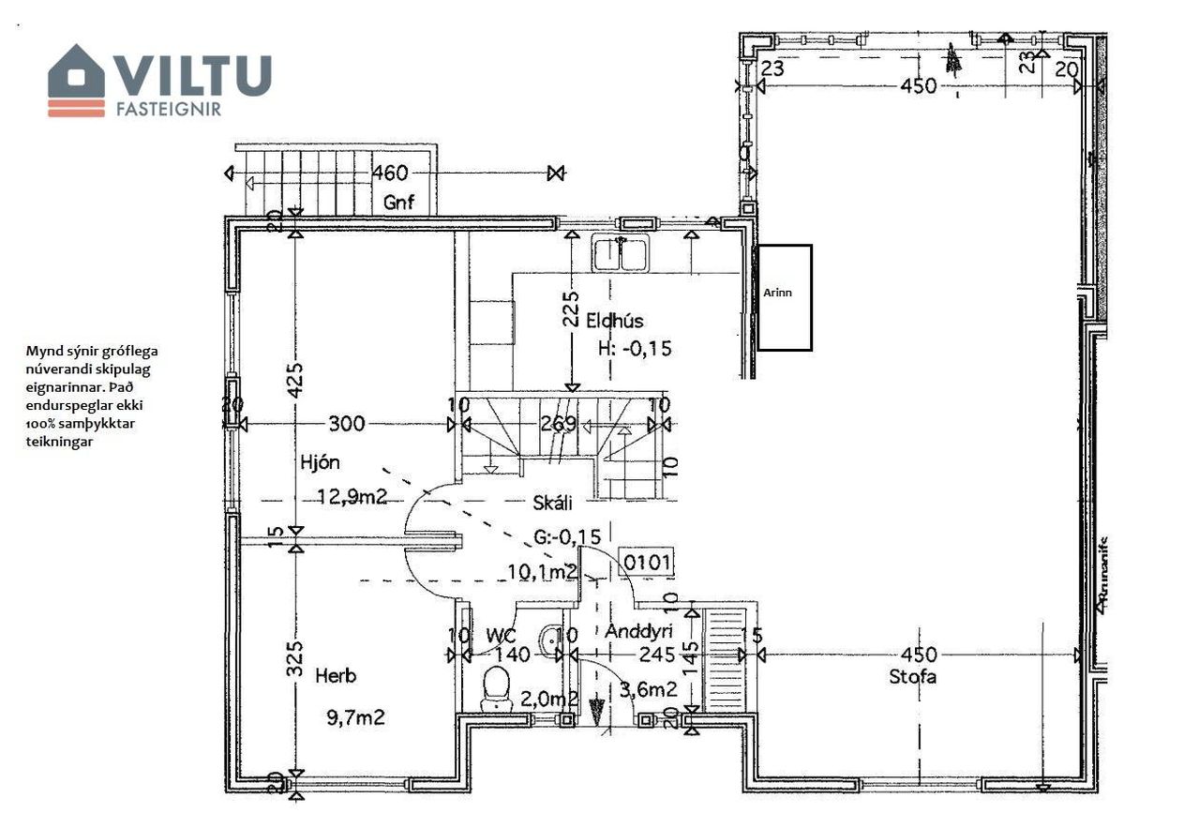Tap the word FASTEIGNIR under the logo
click(168, 109)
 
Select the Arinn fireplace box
click(784, 297)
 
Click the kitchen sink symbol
click(620, 253)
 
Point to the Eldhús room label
click(615, 321)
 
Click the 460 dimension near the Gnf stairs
click(390, 173)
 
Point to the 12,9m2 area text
click(351, 498)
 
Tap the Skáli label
click(551, 504)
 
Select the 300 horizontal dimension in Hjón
click(347, 424)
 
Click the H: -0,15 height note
click(636, 349)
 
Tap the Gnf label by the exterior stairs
click(398, 202)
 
